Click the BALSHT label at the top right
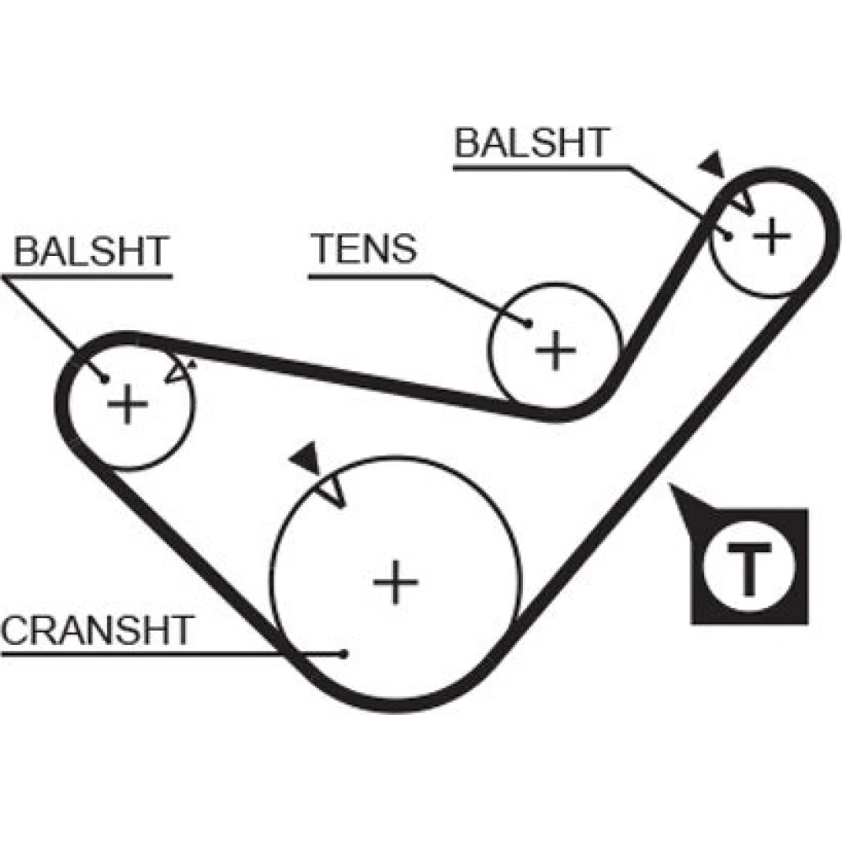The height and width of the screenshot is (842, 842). point(530,143)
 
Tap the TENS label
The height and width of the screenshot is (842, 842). point(364,249)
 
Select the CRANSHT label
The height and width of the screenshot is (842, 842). point(98,630)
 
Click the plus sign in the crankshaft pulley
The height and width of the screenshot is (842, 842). point(396,581)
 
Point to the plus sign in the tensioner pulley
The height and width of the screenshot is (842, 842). point(555,349)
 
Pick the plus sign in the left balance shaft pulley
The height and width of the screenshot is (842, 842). point(128,404)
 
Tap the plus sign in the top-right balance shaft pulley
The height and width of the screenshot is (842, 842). point(770,237)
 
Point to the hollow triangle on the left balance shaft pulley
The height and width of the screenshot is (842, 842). point(179,371)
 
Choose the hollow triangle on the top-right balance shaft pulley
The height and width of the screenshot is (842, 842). point(739,201)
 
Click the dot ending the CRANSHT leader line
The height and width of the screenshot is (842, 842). point(344,653)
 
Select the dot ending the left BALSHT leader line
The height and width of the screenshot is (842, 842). point(104,379)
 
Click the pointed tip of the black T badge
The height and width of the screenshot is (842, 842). point(673,488)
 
